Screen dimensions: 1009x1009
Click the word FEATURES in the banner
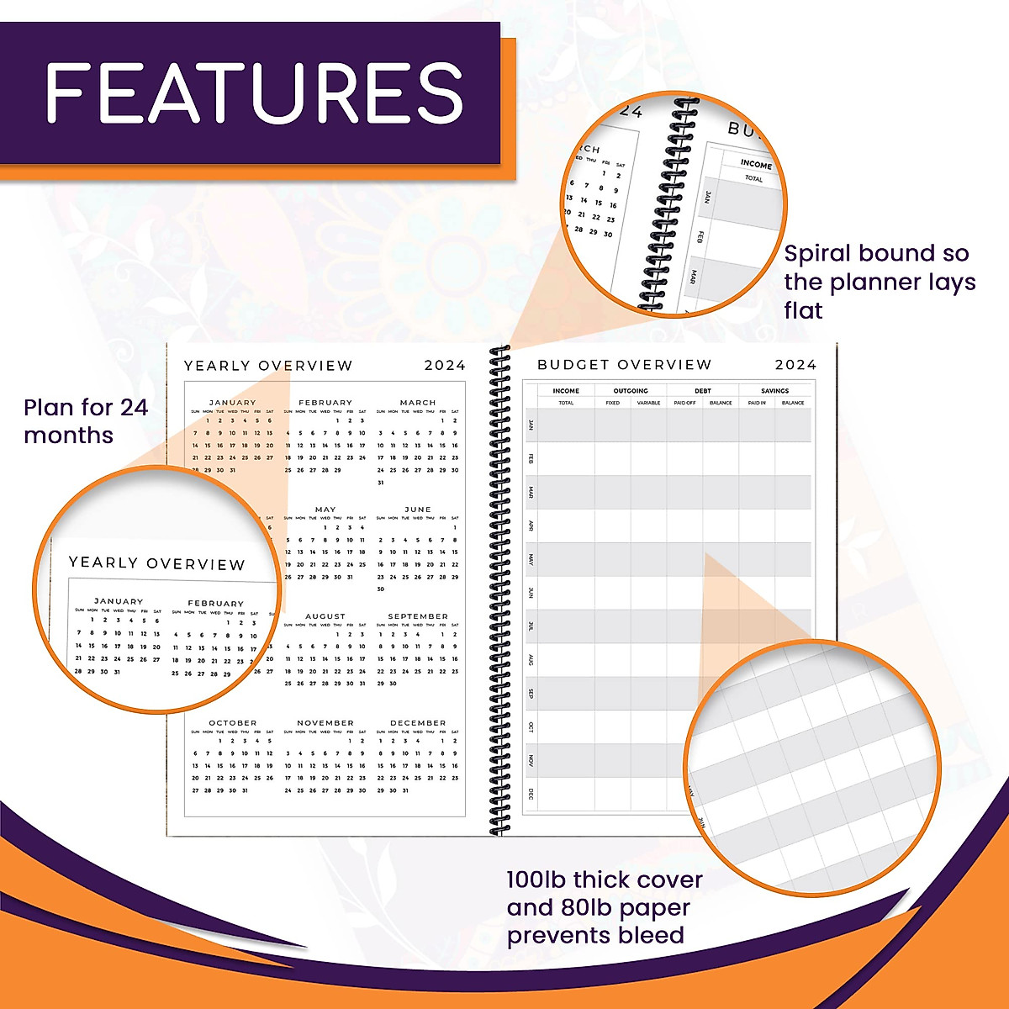point(253,92)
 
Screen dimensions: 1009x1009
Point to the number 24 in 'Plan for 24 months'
point(134,408)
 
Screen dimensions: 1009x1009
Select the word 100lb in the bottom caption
point(536,880)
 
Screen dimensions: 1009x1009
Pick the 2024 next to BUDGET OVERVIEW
point(795,365)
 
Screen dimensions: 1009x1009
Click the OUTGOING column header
point(631,391)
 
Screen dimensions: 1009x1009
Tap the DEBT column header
point(703,391)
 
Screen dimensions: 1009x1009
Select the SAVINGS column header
point(775,391)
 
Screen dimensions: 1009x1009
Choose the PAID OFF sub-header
point(684,404)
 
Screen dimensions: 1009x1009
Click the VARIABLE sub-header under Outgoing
point(648,404)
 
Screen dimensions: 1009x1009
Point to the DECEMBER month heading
point(418,723)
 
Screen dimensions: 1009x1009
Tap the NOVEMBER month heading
point(325,723)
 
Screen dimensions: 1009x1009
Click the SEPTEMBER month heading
point(418,616)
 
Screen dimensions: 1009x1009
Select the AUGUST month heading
point(325,616)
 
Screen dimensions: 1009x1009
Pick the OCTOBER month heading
point(233,723)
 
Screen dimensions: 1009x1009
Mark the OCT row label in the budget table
point(531,727)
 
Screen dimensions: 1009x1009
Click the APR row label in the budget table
point(531,526)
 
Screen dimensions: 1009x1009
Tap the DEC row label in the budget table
point(531,794)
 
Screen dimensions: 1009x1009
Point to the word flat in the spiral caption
point(803,311)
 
